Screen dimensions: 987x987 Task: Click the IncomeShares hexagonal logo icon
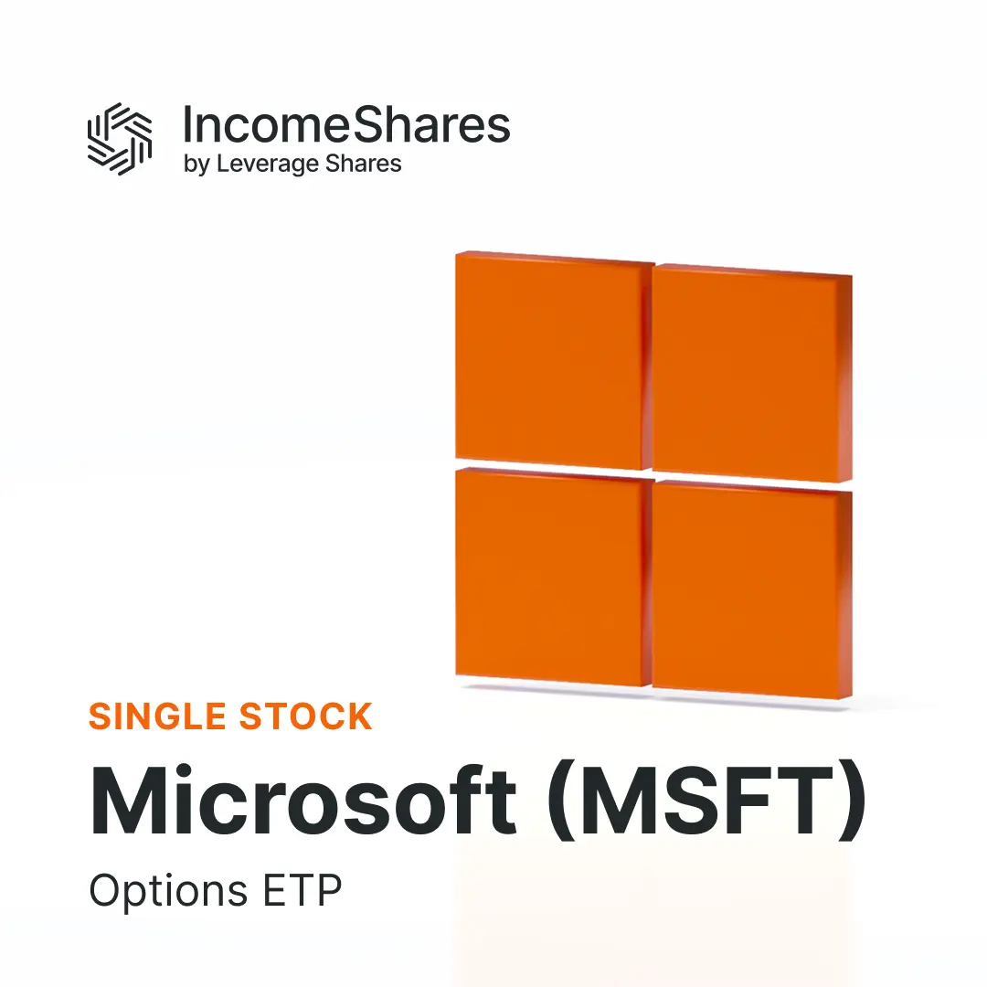pos(119,139)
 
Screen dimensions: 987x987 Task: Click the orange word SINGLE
pos(156,716)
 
